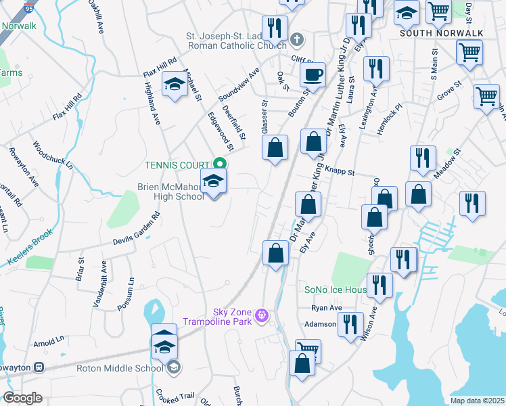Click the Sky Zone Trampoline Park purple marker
[262, 315]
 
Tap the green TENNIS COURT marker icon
[219, 164]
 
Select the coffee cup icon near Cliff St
[313, 74]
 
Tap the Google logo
[22, 398]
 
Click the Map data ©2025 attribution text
[477, 401]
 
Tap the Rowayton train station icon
[39, 367]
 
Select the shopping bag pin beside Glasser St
[275, 148]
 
